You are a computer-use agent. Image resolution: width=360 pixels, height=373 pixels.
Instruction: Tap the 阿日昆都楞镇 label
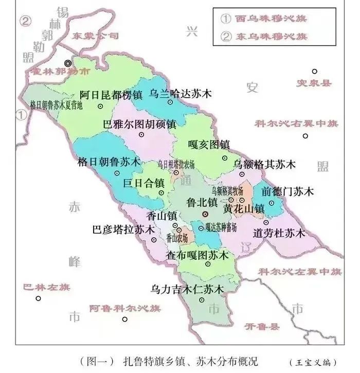(111, 95)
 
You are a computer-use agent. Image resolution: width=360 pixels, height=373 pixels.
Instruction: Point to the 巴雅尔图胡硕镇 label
(140, 125)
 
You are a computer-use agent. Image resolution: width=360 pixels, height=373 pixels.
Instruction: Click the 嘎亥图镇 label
(208, 145)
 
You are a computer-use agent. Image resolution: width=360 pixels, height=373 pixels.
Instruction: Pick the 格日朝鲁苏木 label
(109, 162)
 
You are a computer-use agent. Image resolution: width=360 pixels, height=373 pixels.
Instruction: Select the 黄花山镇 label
(244, 209)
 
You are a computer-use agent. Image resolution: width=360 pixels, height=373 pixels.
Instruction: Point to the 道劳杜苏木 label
(279, 233)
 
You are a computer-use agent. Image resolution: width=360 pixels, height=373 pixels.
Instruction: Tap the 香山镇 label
(161, 216)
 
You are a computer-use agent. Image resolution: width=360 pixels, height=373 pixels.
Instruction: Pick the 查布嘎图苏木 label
(196, 255)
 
